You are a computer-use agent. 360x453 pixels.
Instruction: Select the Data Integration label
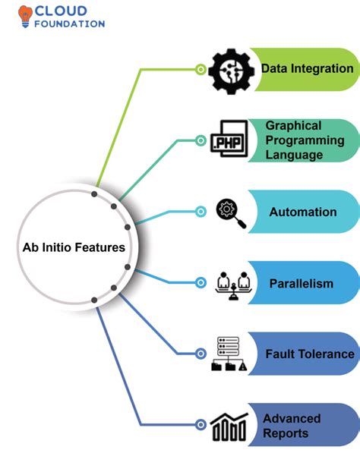(307, 68)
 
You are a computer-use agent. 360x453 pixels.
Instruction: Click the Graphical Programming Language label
(305, 140)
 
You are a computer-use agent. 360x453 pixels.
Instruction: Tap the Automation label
(302, 212)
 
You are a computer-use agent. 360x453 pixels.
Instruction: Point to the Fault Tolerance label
(309, 354)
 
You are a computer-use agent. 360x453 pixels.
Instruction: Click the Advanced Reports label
(292, 425)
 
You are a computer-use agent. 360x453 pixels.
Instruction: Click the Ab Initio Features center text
(74, 247)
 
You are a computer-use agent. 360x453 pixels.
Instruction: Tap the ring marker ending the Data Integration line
(201, 69)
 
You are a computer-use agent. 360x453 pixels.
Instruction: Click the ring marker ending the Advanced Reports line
(201, 425)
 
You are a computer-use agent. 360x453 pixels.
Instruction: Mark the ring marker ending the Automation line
(201, 212)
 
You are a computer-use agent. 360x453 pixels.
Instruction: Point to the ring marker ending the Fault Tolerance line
(201, 354)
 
